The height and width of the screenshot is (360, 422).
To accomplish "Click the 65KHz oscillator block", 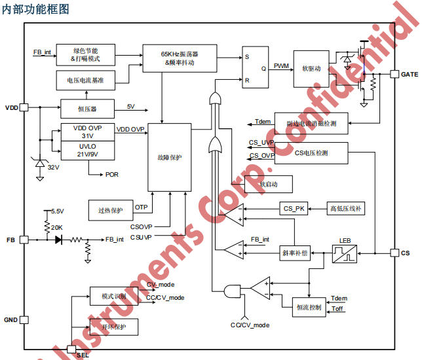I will [x=180, y=58].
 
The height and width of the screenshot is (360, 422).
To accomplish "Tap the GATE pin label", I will [x=409, y=75].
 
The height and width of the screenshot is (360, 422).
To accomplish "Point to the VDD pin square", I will [x=24, y=107].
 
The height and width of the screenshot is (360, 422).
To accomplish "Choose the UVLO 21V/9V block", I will [x=87, y=149].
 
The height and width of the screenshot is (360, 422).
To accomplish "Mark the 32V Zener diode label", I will [x=53, y=168].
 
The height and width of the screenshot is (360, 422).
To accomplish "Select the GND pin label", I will [x=11, y=320].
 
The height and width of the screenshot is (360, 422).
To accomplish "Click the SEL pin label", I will [x=83, y=355].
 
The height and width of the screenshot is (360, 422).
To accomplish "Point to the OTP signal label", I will [x=142, y=207].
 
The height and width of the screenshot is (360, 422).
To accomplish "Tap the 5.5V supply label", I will [x=58, y=211].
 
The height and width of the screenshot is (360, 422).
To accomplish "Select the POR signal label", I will [x=112, y=175].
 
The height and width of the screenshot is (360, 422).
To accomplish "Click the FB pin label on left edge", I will [x=10, y=240].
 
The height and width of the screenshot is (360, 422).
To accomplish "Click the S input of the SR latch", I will [x=247, y=56].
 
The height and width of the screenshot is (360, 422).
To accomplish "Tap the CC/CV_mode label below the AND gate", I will [x=250, y=325].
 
